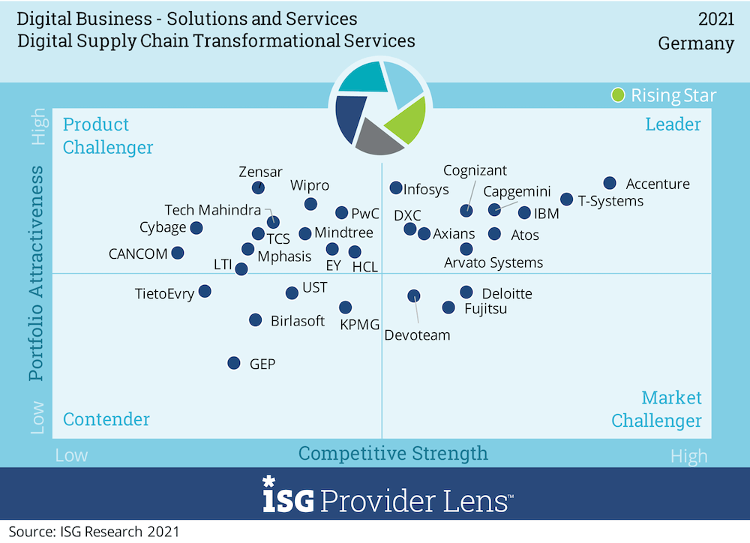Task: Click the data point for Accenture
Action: tap(610, 183)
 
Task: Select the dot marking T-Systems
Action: tap(566, 199)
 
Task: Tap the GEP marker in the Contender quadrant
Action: tap(234, 363)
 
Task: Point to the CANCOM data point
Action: tap(178, 253)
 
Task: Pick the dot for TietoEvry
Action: tap(205, 291)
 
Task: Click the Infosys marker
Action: tap(395, 188)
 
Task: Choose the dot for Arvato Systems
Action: tap(466, 248)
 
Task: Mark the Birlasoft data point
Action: tap(256, 319)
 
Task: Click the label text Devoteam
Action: tap(417, 335)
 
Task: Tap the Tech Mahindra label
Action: tap(213, 210)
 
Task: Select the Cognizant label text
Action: tap(475, 171)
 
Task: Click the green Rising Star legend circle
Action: tap(618, 95)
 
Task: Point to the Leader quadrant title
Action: tap(673, 124)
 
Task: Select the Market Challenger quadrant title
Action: tap(657, 409)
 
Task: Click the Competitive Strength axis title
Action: tap(393, 453)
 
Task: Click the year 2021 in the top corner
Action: tap(716, 19)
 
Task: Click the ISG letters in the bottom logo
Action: tap(288, 498)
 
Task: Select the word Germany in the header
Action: tap(696, 43)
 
